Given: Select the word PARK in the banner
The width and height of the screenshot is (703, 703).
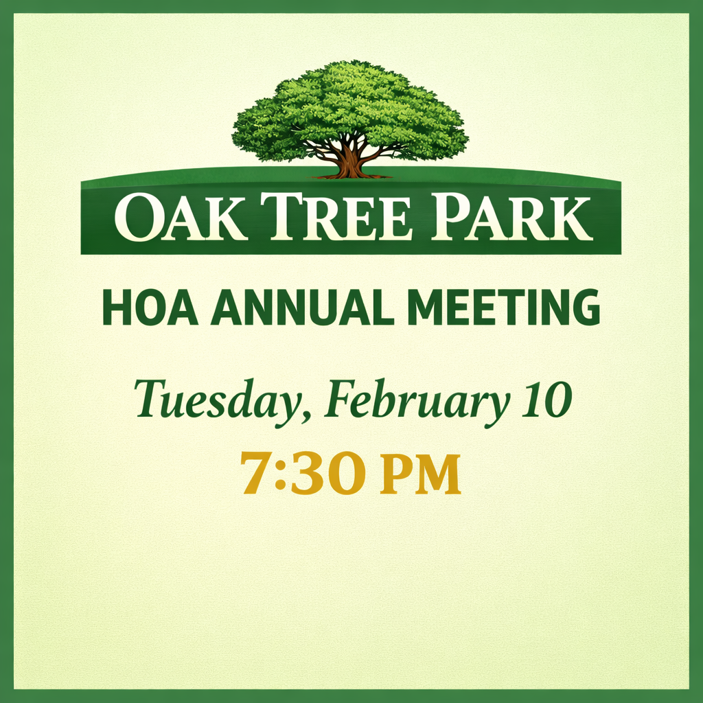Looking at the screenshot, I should click(511, 218).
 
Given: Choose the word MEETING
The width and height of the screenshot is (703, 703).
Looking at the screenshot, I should click(503, 308).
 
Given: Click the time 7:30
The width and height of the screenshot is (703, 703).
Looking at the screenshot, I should click(300, 474).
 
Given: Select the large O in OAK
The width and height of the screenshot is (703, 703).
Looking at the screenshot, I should click(137, 218).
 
